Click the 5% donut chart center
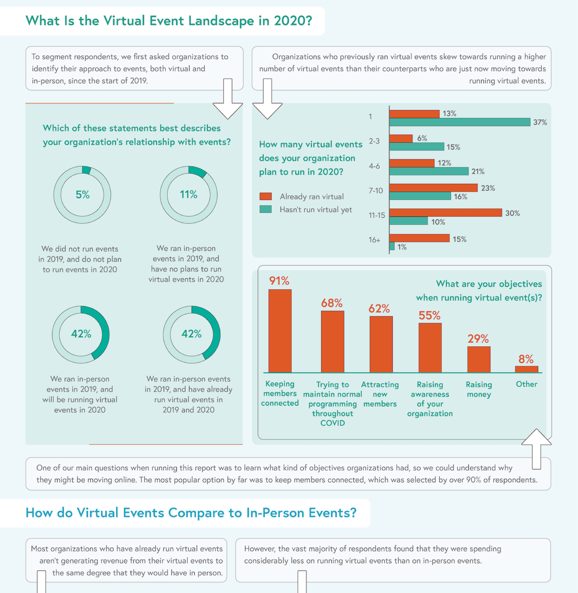pyautogui.click(x=82, y=194)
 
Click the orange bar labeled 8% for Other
pyautogui.click(x=526, y=369)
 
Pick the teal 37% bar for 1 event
pyautogui.click(x=460, y=122)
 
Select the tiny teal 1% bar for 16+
pyautogui.click(x=392, y=246)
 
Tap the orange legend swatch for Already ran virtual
pyautogui.click(x=266, y=196)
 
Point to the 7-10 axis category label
pyautogui.click(x=376, y=191)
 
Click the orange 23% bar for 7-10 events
pyautogui.click(x=433, y=188)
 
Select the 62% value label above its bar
pyautogui.click(x=379, y=309)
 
